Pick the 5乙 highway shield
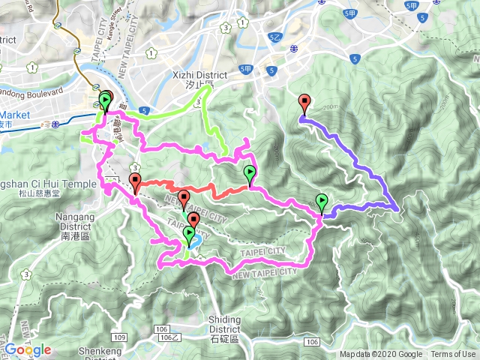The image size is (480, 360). (x=274, y=36)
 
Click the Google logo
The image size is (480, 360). (x=27, y=349)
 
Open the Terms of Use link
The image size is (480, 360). (x=453, y=355)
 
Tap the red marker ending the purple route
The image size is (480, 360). (x=304, y=103)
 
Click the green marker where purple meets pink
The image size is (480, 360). (x=322, y=202)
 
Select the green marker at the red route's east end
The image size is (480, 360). (x=250, y=174)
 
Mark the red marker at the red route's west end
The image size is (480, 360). (x=135, y=181)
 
